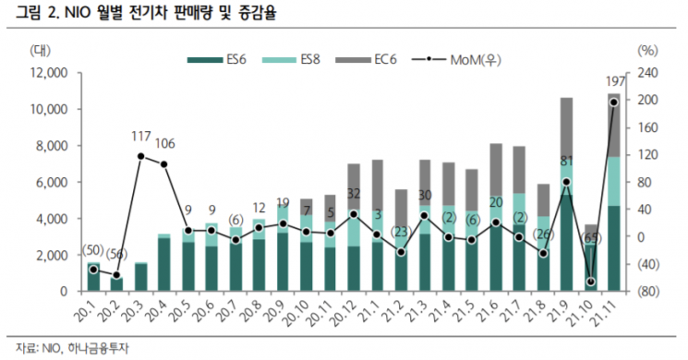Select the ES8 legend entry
(308, 60)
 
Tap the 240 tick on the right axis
(646, 72)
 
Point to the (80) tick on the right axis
(646, 292)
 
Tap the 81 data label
(567, 161)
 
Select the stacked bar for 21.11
(614, 194)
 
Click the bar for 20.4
(164, 264)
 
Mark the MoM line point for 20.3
(140, 156)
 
